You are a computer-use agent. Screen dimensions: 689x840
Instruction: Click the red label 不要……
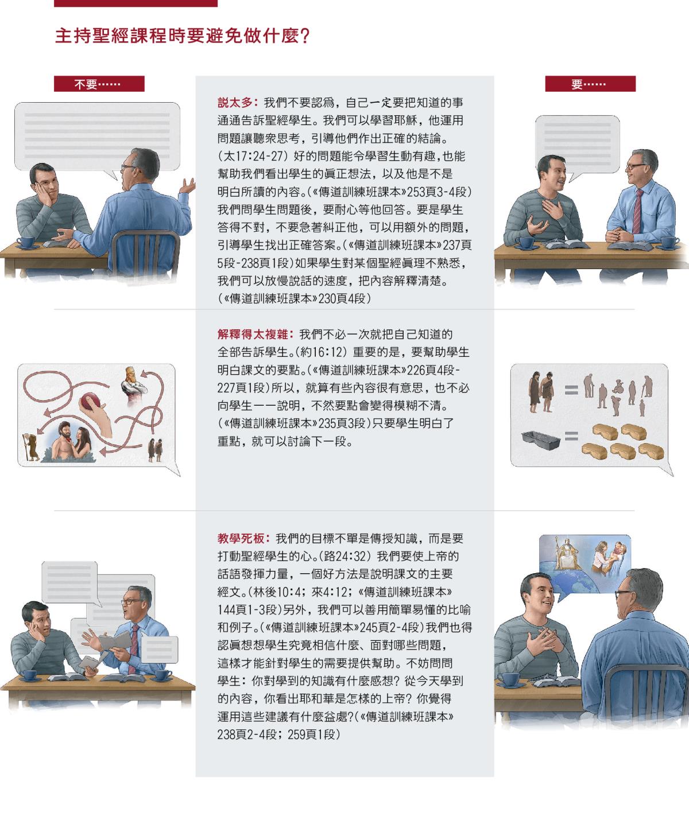(99, 84)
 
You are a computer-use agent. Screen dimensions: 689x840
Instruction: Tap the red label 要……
(590, 84)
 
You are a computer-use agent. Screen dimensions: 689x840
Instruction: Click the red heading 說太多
(235, 103)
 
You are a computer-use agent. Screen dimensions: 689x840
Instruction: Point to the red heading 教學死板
(241, 539)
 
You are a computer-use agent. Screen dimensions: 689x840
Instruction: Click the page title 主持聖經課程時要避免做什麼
(182, 36)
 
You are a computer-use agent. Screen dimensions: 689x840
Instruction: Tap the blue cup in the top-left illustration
(26, 242)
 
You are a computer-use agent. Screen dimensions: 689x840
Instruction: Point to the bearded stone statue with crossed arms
(133, 386)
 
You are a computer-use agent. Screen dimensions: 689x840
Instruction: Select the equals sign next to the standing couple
(571, 390)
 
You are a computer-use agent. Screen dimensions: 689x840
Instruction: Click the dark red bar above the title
(136, 3)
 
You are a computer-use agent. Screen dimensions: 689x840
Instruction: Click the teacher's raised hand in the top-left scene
(187, 186)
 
